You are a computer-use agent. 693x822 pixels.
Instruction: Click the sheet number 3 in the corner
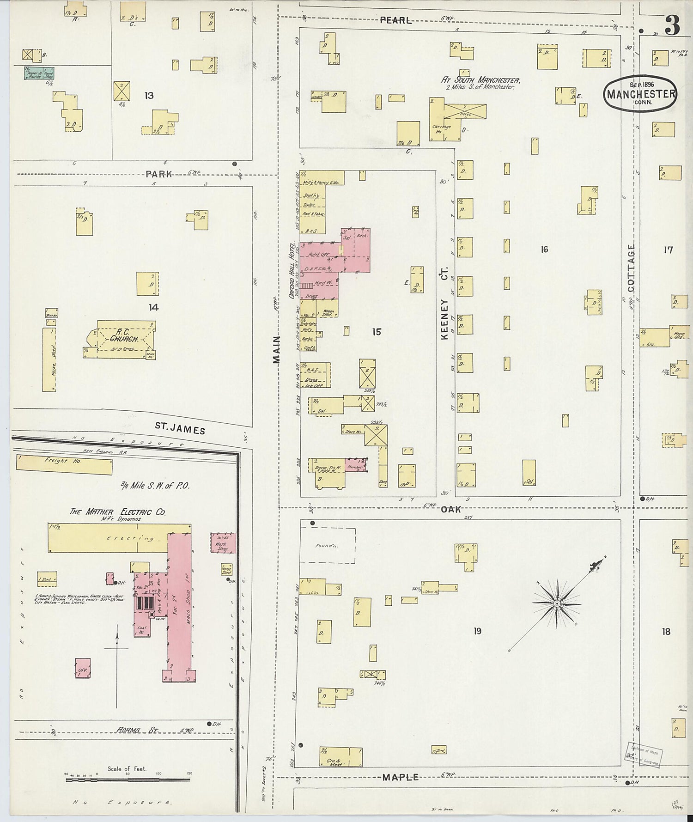(x=672, y=26)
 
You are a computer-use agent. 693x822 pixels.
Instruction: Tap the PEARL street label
(x=395, y=20)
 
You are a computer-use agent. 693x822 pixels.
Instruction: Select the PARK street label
(x=158, y=174)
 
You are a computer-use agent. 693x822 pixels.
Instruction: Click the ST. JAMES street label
(x=180, y=429)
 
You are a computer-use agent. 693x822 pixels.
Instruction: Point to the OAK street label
(x=450, y=509)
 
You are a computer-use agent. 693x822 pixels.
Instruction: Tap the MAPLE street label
(x=400, y=777)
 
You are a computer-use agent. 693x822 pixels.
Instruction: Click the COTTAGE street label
(x=631, y=268)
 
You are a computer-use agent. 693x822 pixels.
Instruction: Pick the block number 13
(x=149, y=96)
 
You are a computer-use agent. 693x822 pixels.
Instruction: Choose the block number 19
(x=477, y=630)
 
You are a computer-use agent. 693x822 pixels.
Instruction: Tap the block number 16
(x=544, y=250)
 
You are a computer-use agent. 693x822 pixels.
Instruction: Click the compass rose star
(x=557, y=603)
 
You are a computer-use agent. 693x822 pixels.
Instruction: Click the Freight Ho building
(x=64, y=465)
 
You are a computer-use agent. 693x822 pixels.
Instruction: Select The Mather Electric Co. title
(x=117, y=511)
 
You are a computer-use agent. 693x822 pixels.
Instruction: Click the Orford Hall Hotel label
(x=292, y=270)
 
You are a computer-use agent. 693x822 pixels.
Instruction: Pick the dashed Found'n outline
(x=328, y=545)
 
